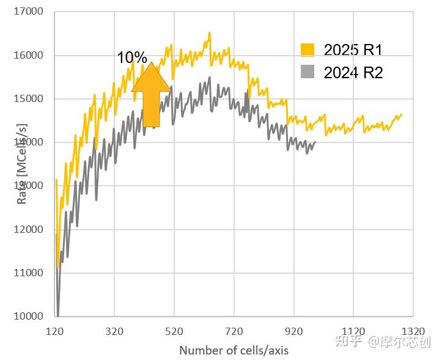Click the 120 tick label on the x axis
coord(55,331)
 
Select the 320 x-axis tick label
coord(115,331)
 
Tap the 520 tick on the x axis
coord(175,331)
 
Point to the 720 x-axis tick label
coord(235,331)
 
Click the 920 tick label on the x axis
coord(295,331)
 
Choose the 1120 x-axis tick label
coord(354,331)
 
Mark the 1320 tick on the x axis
coord(414,331)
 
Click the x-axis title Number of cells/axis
coord(234,350)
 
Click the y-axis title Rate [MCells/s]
coord(22,164)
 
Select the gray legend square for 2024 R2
coord(308,72)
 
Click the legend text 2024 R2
coord(353,73)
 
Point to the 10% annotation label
coord(132,58)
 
